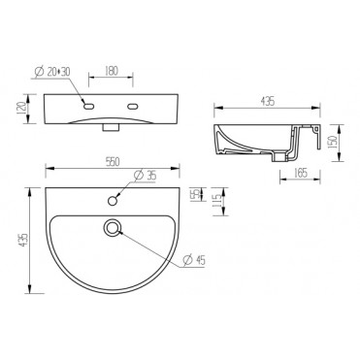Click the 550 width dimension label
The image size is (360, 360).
tap(113, 162)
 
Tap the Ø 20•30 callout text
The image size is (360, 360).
tap(52, 72)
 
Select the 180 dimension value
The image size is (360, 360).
tap(112, 71)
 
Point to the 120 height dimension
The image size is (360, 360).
tap(21, 108)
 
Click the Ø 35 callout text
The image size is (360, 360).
tap(146, 176)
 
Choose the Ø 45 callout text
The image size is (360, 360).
tap(194, 260)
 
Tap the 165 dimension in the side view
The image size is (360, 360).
tap(301, 174)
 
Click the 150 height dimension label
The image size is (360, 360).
tap(334, 143)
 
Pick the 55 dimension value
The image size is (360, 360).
tap(195, 195)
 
